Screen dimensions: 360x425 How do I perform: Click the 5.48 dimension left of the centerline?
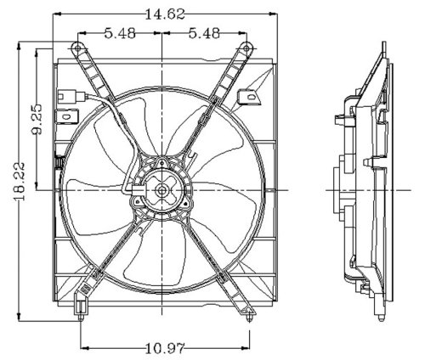120,33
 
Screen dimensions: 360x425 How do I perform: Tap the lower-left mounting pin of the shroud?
81,318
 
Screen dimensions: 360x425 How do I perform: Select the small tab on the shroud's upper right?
251,99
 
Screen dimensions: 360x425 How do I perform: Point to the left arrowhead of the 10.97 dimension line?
82,346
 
